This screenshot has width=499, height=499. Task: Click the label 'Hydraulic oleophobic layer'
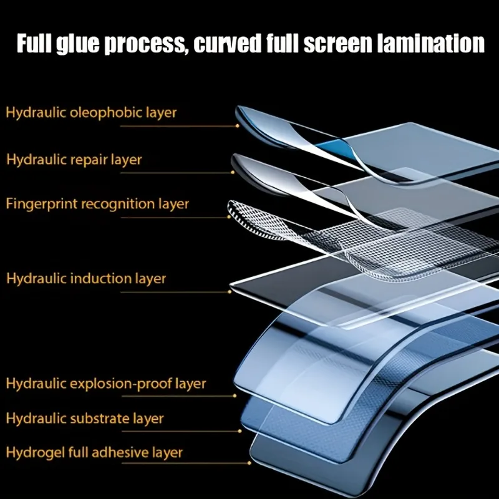coord(91,113)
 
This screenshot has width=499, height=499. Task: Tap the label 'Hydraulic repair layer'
coord(74,160)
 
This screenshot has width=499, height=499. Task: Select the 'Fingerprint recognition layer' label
coord(97,204)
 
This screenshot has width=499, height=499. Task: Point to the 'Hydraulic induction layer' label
coord(86,278)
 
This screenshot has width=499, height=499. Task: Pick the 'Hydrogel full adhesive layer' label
coord(94,452)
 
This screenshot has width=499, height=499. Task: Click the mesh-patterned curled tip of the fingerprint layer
coord(240,212)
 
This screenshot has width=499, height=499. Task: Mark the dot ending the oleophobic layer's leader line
coord(238,125)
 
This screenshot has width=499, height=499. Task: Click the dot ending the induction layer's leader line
coord(230,291)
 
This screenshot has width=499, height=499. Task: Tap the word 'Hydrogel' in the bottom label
coord(34,452)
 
